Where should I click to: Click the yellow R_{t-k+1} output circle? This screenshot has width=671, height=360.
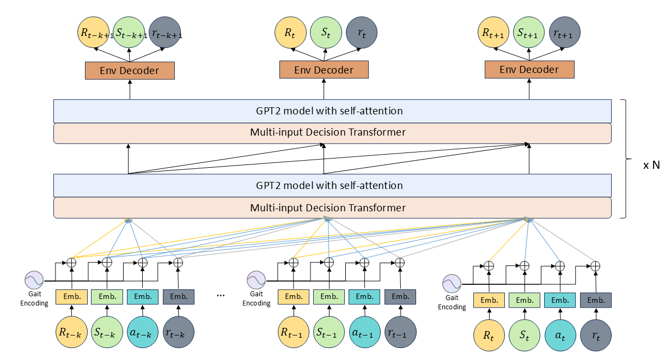tap(95, 33)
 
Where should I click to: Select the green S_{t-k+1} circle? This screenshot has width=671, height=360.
tap(130, 33)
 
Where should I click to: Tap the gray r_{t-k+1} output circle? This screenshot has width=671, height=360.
tap(164, 33)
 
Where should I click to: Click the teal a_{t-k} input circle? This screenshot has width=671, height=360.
tap(143, 332)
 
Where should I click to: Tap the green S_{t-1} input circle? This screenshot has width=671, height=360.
tap(330, 332)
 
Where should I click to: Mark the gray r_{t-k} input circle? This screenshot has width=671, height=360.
tap(179, 332)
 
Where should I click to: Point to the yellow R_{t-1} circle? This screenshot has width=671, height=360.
tap(294, 332)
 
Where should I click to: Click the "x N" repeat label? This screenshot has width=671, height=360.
tap(651, 165)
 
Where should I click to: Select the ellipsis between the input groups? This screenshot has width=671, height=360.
tap(221, 296)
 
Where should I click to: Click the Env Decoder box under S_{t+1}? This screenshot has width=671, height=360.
tap(529, 70)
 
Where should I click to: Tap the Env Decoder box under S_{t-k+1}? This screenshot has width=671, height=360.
tap(130, 71)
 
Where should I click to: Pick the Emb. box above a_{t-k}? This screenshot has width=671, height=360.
tap(143, 297)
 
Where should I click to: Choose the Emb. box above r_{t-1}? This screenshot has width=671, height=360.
tap(400, 297)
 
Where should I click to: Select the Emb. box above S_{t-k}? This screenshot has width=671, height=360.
tap(107, 297)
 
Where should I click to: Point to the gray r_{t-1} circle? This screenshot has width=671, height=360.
tap(400, 332)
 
